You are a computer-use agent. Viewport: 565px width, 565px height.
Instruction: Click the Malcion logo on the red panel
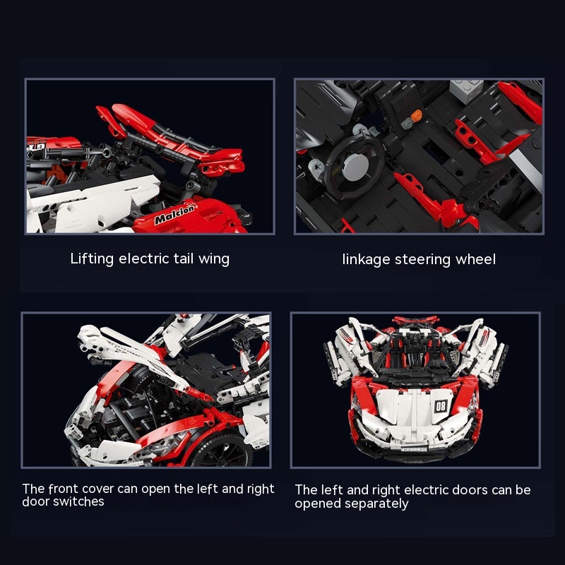click(176, 214)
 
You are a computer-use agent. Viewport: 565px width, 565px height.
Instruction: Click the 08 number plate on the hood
click(441, 406)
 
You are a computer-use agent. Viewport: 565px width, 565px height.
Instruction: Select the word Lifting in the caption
click(92, 259)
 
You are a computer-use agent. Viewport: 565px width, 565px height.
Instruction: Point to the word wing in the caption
click(214, 259)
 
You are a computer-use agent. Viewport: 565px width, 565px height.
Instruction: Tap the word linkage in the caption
click(366, 260)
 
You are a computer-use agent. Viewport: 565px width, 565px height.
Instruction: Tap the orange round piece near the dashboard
click(417, 115)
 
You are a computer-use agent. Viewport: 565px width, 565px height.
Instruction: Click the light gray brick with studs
click(466, 90)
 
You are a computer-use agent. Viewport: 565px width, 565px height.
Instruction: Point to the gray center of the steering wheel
click(356, 165)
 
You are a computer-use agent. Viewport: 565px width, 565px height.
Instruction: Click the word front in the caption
click(63, 489)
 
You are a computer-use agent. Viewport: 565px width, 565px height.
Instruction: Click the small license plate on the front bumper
click(413, 450)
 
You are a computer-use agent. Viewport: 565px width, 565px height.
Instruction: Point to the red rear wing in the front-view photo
click(415, 320)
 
